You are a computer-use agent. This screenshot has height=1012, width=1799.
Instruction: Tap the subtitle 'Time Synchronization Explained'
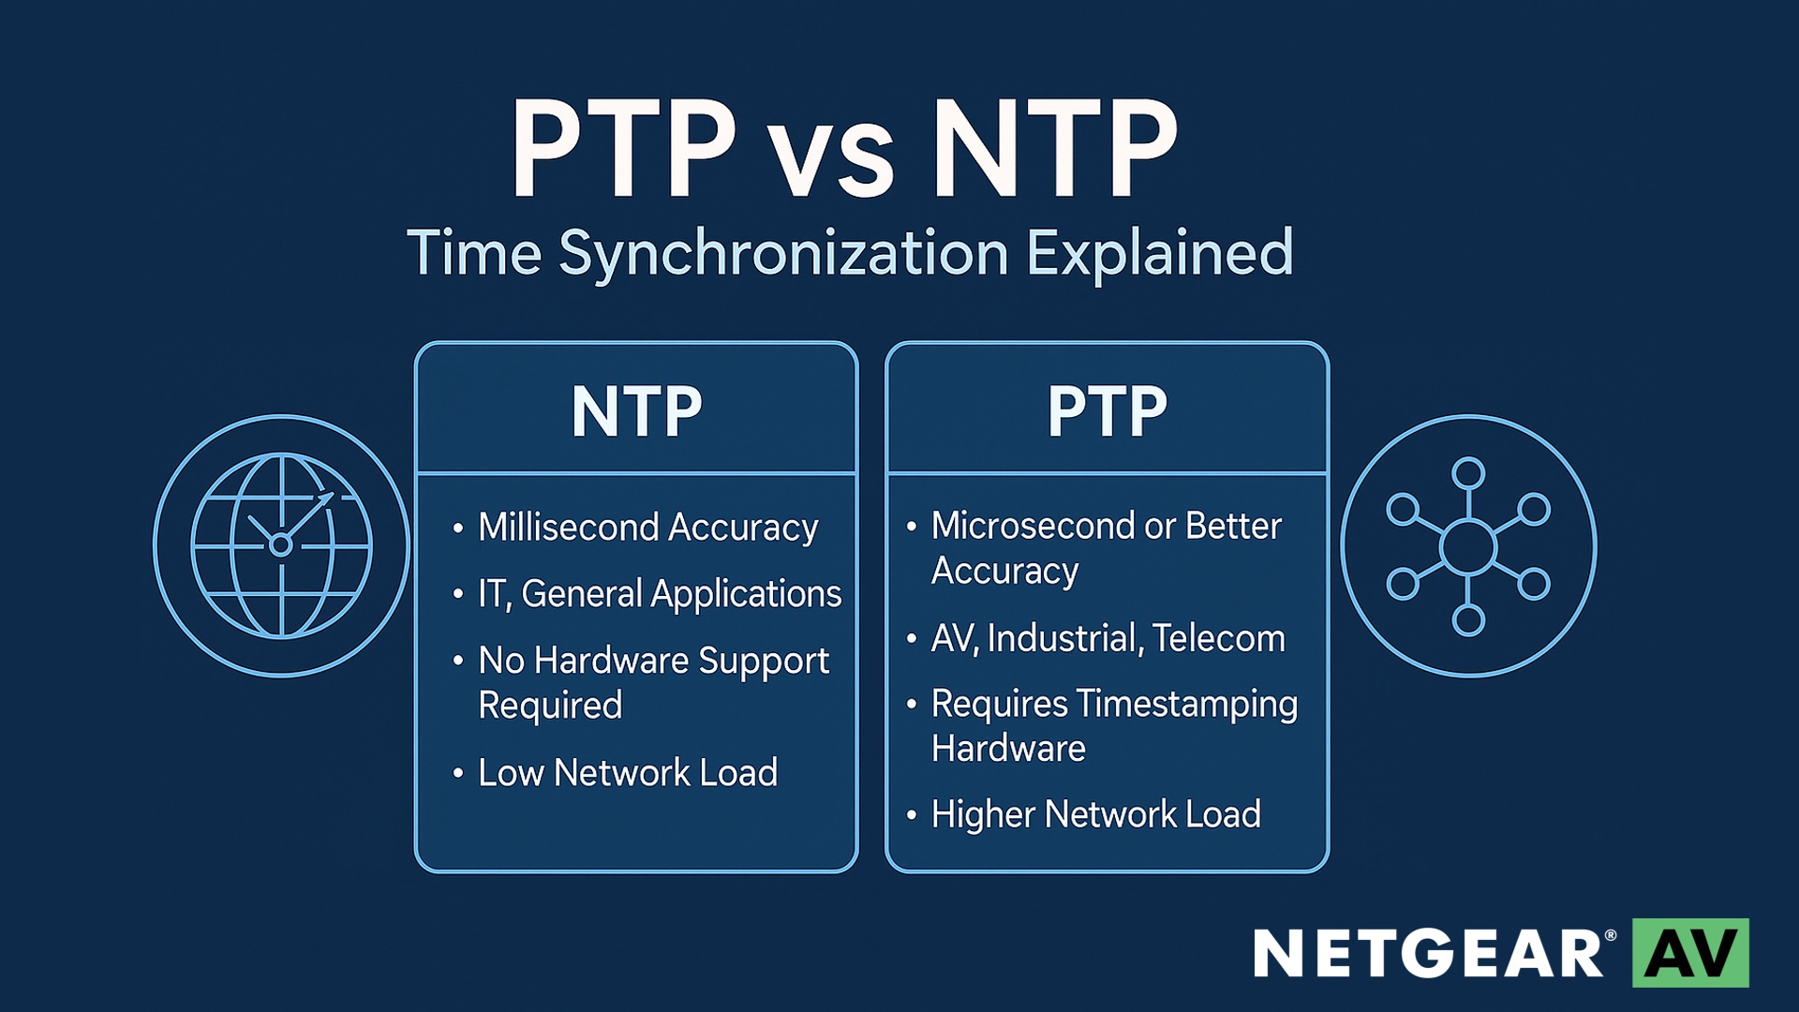851,253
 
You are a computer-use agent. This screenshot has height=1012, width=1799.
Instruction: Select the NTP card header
636,411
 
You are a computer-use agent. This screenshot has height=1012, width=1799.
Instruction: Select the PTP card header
1108,411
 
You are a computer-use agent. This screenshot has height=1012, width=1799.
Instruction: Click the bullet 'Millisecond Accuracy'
648,528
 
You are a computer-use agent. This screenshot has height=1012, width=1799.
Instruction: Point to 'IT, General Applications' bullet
660,594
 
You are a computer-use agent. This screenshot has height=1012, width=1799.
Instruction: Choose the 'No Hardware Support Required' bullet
653,682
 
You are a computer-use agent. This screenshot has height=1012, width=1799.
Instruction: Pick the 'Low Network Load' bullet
628,773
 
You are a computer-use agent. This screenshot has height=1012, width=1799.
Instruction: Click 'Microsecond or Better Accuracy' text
1106,548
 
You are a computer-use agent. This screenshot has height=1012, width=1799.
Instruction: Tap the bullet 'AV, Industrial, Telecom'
1108,638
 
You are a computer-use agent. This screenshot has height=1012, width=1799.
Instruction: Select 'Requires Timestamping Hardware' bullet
1114,726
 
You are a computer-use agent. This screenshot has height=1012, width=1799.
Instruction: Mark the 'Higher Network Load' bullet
1095,814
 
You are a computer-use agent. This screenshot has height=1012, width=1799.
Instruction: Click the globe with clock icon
282,546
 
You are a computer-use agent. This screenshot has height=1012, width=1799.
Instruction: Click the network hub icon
1468,546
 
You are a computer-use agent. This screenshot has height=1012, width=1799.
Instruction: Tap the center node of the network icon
1468,547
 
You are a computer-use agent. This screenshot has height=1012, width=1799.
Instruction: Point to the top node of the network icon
1468,473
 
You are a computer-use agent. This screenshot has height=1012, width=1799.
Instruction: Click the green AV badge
1690,953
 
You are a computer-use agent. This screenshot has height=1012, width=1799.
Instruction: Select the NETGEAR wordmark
1430,954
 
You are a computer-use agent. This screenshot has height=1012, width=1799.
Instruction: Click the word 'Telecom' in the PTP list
1219,638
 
